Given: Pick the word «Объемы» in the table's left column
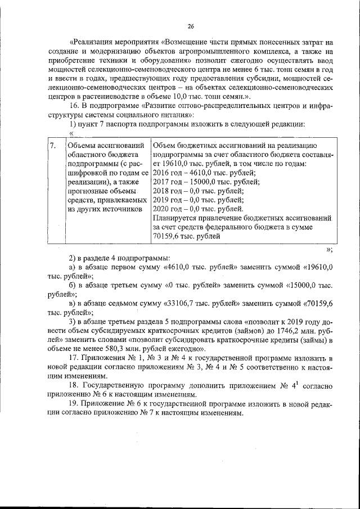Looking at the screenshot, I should [82, 146].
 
